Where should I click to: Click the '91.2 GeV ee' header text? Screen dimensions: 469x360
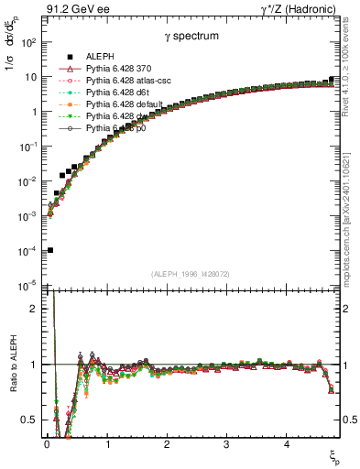pos(71,10)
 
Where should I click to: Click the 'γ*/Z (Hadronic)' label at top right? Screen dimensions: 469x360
pos(299,10)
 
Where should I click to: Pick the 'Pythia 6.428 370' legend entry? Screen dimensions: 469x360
pos(122,69)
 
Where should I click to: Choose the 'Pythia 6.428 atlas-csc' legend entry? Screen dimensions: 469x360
pos(132,81)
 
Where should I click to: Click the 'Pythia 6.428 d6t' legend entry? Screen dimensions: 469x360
pos(122,93)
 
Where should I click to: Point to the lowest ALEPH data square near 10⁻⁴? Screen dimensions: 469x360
pos(49,250)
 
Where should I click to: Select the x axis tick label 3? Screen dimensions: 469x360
pos(226,444)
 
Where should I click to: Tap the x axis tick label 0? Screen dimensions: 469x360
pos(47,444)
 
